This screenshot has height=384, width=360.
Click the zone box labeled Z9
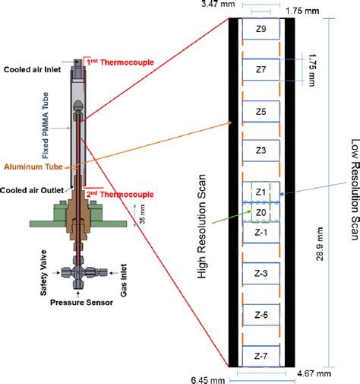261,30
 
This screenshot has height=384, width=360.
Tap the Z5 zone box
261,111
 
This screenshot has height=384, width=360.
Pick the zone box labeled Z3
261,151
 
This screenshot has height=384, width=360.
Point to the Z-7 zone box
261,354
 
